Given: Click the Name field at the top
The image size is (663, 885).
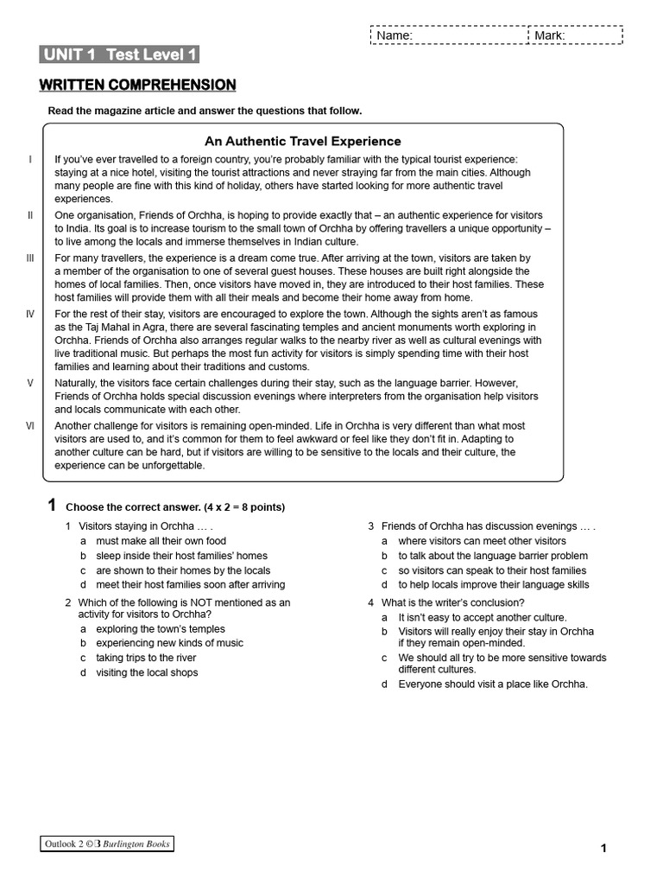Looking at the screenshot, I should [x=448, y=35].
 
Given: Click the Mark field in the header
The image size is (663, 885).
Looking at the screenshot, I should [x=575, y=35].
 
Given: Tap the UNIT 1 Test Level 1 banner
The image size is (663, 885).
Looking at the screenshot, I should [x=119, y=55].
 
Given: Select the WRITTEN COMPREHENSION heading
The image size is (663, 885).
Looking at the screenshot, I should [x=137, y=85].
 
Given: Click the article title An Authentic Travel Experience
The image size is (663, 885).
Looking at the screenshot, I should [x=302, y=141].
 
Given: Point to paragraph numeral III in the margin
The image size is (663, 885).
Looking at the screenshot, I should [x=30, y=258].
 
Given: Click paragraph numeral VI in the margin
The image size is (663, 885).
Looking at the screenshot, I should [x=30, y=426].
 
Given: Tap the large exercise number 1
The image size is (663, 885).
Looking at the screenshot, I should [x=52, y=506].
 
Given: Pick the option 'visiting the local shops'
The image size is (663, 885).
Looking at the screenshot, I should [x=147, y=672].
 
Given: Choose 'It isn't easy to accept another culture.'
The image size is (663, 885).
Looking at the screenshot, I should [x=482, y=618].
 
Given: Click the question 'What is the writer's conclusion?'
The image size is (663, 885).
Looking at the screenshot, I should [x=452, y=602].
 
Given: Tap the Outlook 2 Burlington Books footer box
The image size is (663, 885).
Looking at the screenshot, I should [x=107, y=844].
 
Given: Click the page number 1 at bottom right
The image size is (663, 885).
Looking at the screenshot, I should [x=603, y=849].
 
